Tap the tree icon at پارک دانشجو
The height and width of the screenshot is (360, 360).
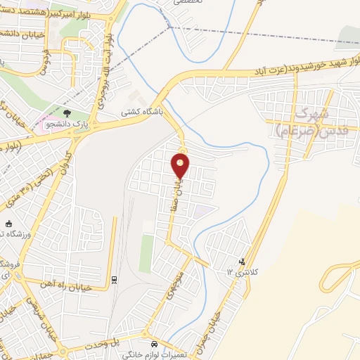(67, 112)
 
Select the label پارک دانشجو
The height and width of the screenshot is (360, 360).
(64, 124)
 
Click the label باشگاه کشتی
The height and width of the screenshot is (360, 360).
(140, 111)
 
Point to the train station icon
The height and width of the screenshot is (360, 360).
(114, 280)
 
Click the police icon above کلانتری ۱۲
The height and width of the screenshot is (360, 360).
(243, 262)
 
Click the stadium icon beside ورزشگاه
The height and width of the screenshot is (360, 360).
(8, 224)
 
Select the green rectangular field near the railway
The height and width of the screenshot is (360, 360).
(146, 253)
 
